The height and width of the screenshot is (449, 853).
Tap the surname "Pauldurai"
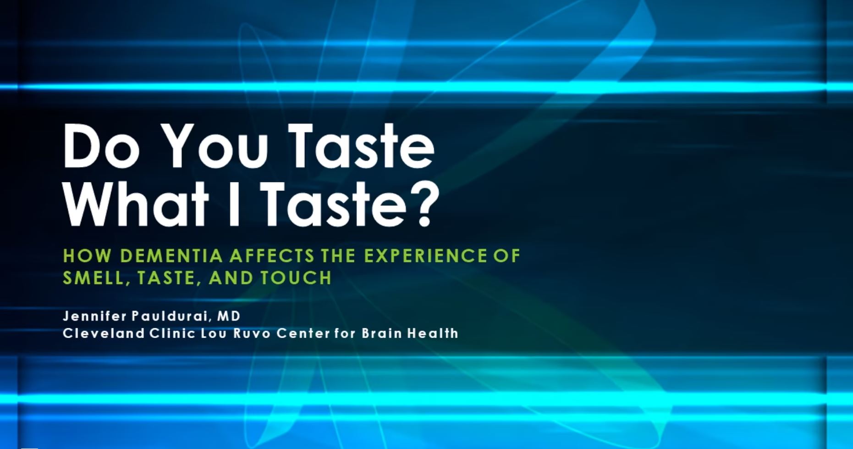(x=172, y=316)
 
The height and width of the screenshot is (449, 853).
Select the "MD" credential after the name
(x=229, y=316)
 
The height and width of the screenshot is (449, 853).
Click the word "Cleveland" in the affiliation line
(x=104, y=333)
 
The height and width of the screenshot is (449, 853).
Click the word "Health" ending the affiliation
(x=433, y=333)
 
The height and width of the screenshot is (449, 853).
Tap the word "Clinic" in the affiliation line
(x=172, y=333)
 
